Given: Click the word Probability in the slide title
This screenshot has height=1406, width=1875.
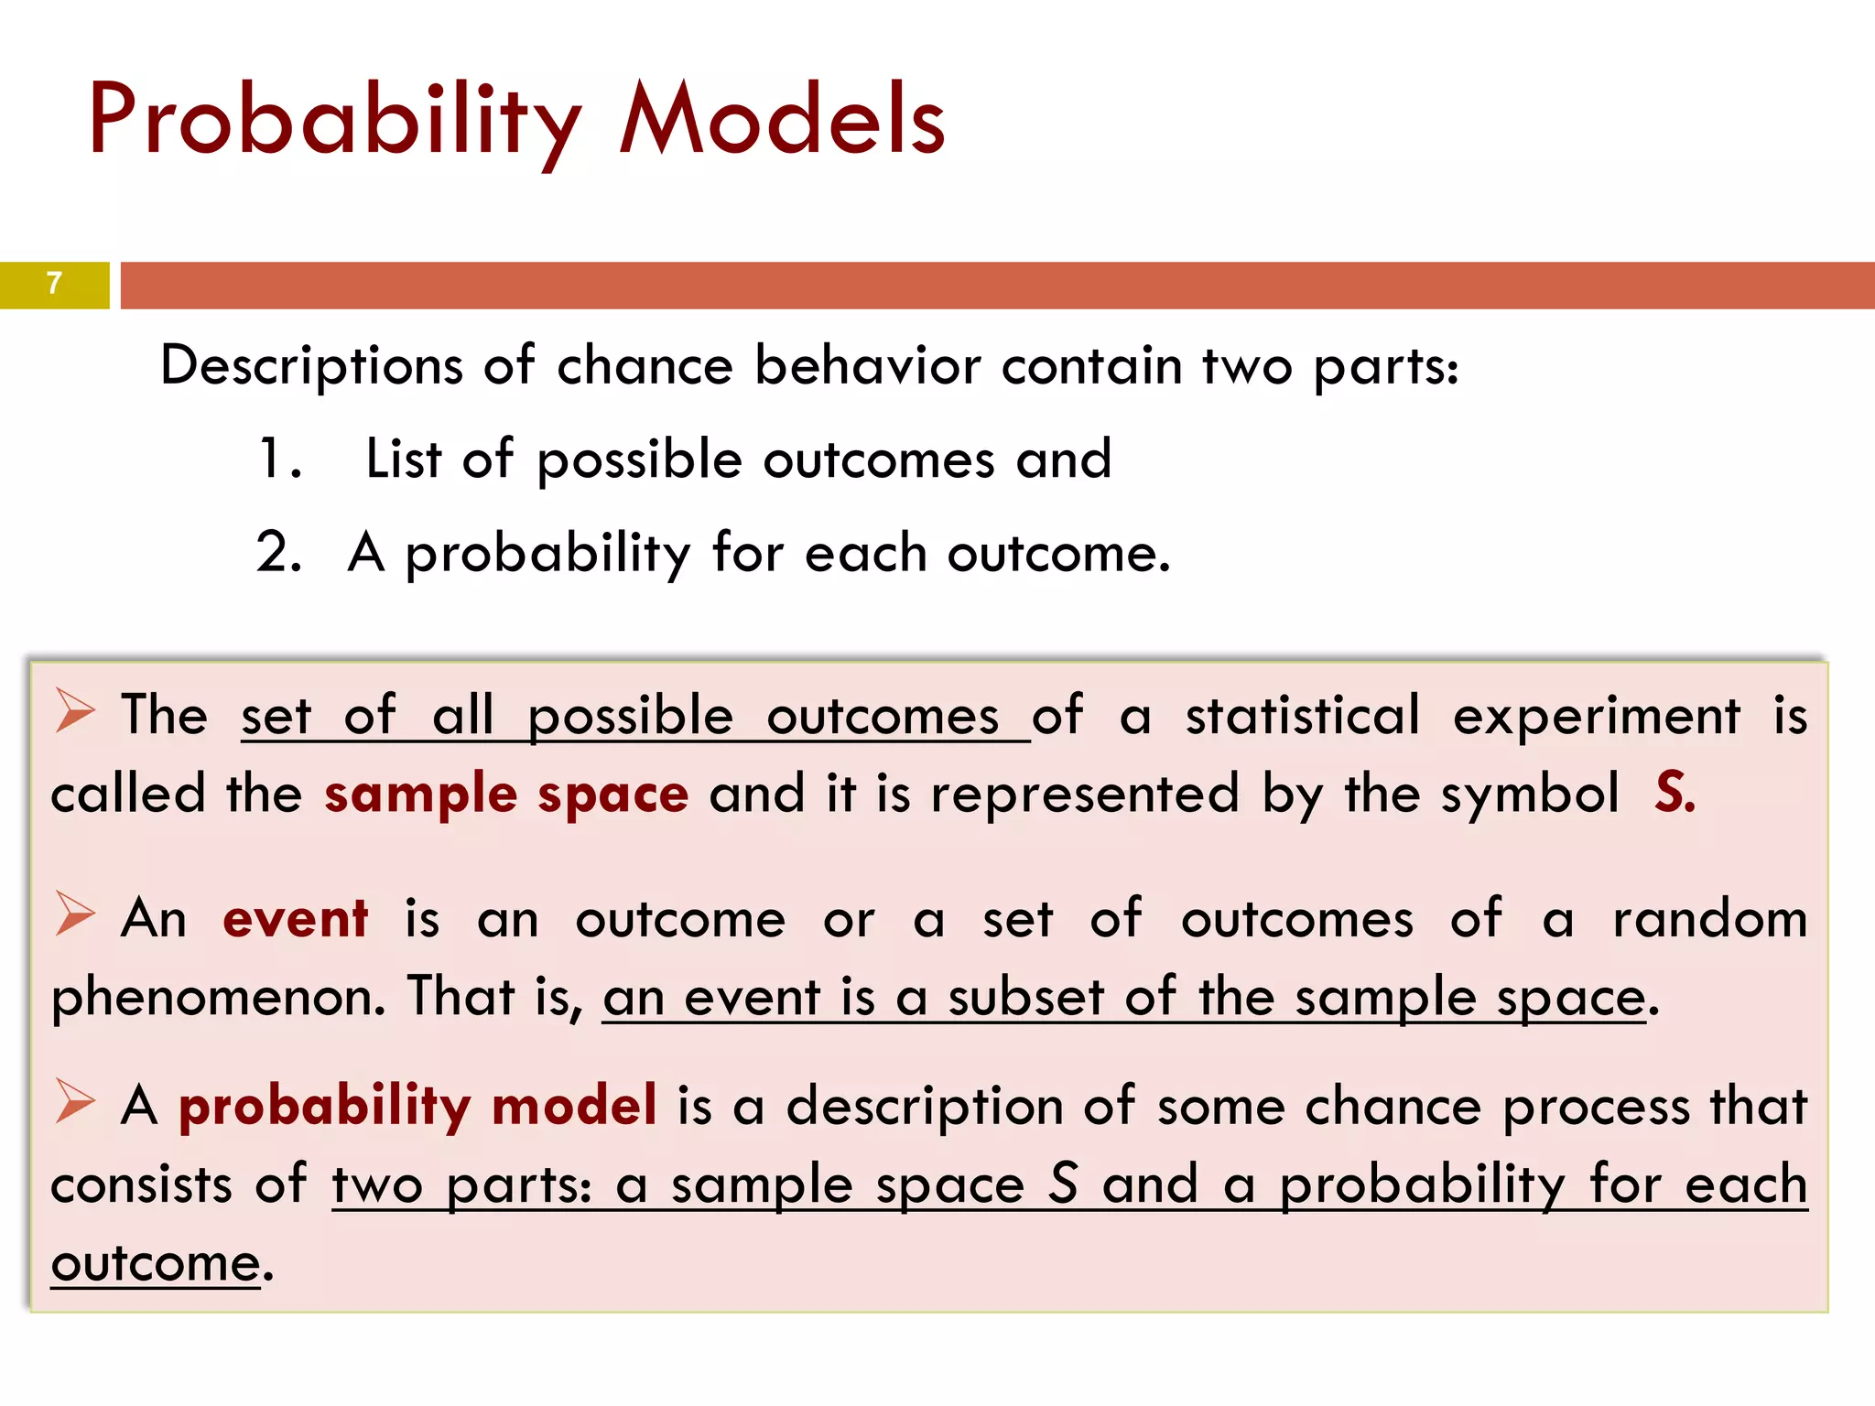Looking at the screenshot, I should (334, 122).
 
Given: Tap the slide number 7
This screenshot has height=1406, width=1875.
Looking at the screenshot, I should (54, 284).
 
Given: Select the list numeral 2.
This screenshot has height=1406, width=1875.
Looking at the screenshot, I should (278, 553).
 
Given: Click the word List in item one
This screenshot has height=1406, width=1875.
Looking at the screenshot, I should (403, 459).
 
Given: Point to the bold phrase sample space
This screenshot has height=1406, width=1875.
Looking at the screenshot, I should (505, 794).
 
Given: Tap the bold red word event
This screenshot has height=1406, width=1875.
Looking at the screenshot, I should (295, 919).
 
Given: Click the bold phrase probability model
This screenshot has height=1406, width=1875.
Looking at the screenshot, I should (417, 1106).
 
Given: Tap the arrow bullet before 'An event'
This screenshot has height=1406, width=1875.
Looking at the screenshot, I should (74, 914).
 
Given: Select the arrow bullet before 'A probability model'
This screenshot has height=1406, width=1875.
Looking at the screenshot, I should (74, 1101).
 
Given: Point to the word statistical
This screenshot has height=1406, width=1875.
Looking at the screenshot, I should (1303, 716).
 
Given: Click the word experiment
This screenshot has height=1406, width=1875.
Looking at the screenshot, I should (1596, 716).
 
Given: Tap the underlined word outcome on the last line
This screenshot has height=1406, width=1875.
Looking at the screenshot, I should (156, 1265).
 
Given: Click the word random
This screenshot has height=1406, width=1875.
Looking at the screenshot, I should (1709, 919).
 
